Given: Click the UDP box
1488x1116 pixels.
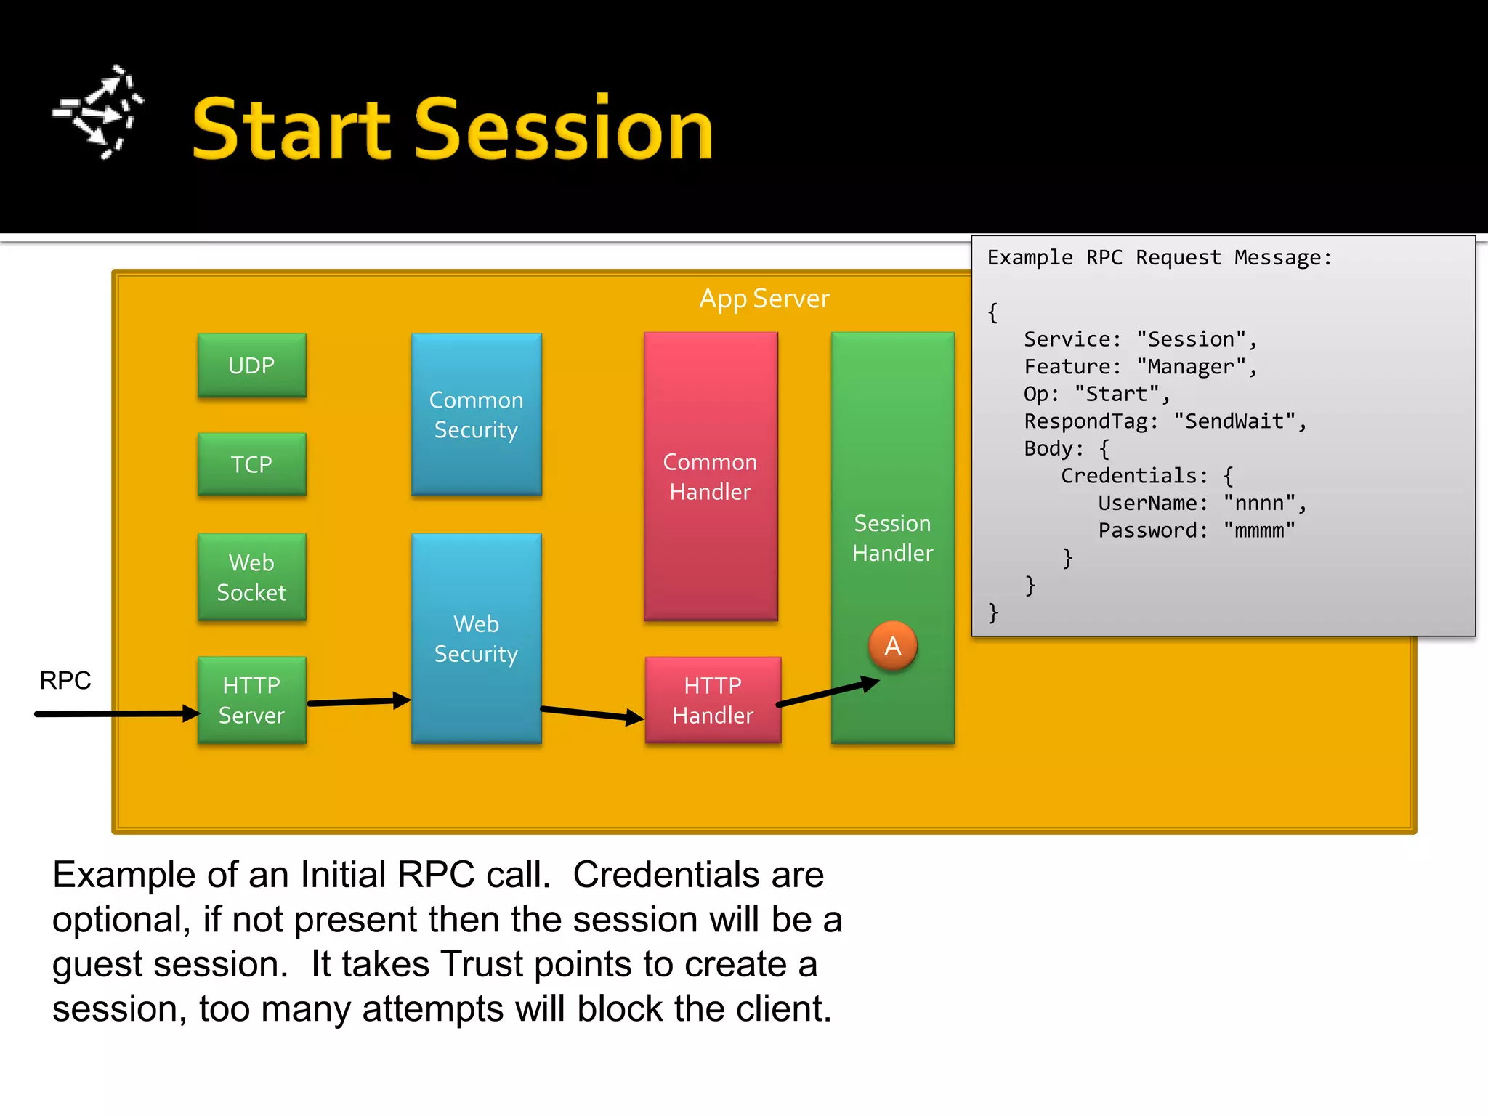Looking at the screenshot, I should pos(251,365).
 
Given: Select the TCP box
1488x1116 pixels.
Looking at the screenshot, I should pos(251,464).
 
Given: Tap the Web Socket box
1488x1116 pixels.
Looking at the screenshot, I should pos(251,577).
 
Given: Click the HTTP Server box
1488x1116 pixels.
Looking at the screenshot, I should pos(251,700).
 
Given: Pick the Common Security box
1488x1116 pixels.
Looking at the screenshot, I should pos(476,415).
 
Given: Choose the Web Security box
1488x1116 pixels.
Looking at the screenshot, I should pos(476,639).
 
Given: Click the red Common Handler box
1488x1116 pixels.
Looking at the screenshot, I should pos(710,477).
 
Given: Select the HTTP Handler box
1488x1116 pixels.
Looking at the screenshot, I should pos(712,700).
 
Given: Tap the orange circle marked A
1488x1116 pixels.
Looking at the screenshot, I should pos(892,646).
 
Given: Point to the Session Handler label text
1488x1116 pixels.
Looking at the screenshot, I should pos(892,538).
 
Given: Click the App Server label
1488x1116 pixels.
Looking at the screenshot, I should pos(764,299).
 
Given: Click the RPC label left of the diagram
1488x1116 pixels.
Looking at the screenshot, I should pos(65,681).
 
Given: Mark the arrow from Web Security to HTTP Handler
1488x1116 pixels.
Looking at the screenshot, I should pos(591,713).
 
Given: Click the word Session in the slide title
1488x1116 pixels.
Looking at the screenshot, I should pos(564,129).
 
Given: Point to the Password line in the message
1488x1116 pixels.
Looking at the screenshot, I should pos(1196,530).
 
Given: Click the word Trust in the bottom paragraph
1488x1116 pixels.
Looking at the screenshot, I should pos(480,964).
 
